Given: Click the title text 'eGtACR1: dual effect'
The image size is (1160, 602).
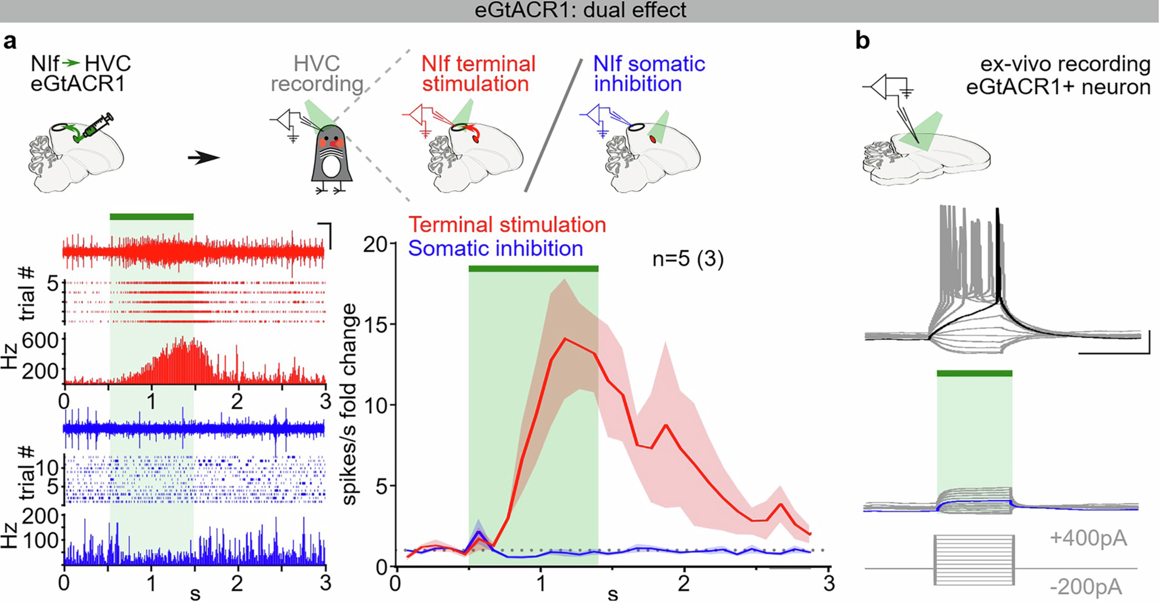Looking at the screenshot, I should tap(580, 10).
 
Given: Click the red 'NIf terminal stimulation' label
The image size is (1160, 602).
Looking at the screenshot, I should tap(478, 74).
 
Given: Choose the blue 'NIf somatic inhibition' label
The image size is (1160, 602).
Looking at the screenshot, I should tap(648, 74).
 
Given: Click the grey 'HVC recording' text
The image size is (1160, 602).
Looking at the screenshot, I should tap(316, 74).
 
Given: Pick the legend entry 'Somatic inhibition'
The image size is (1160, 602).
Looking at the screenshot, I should tap(495, 248).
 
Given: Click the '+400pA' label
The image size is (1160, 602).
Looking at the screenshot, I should tap(1088, 538).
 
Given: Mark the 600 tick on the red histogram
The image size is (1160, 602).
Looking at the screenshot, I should tap(40, 341).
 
